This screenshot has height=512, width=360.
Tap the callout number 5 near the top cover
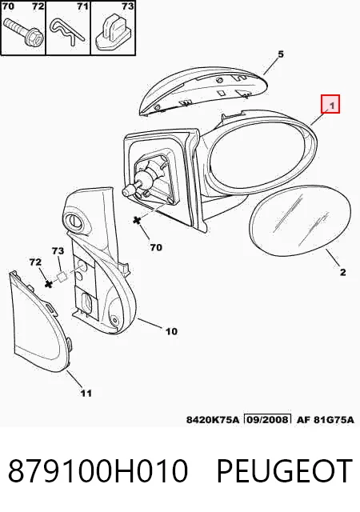tap(281, 54)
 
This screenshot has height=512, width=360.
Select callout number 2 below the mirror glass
tap(342, 272)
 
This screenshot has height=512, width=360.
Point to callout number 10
tap(171, 331)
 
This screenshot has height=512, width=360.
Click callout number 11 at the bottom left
tap(86, 393)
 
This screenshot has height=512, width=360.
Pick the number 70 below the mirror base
tap(156, 247)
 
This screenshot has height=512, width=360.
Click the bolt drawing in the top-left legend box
tap(22, 34)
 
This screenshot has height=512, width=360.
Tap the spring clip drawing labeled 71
tap(68, 32)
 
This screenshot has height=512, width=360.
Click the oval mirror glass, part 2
tap(301, 222)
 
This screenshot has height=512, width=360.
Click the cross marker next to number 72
tap(49, 284)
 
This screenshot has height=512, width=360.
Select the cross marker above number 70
tap(138, 221)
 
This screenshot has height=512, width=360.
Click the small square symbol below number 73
tap(62, 277)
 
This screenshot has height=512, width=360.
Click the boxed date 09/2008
tap(267, 419)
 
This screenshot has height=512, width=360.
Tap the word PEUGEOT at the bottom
tap(285, 470)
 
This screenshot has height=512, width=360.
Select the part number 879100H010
tap(98, 470)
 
